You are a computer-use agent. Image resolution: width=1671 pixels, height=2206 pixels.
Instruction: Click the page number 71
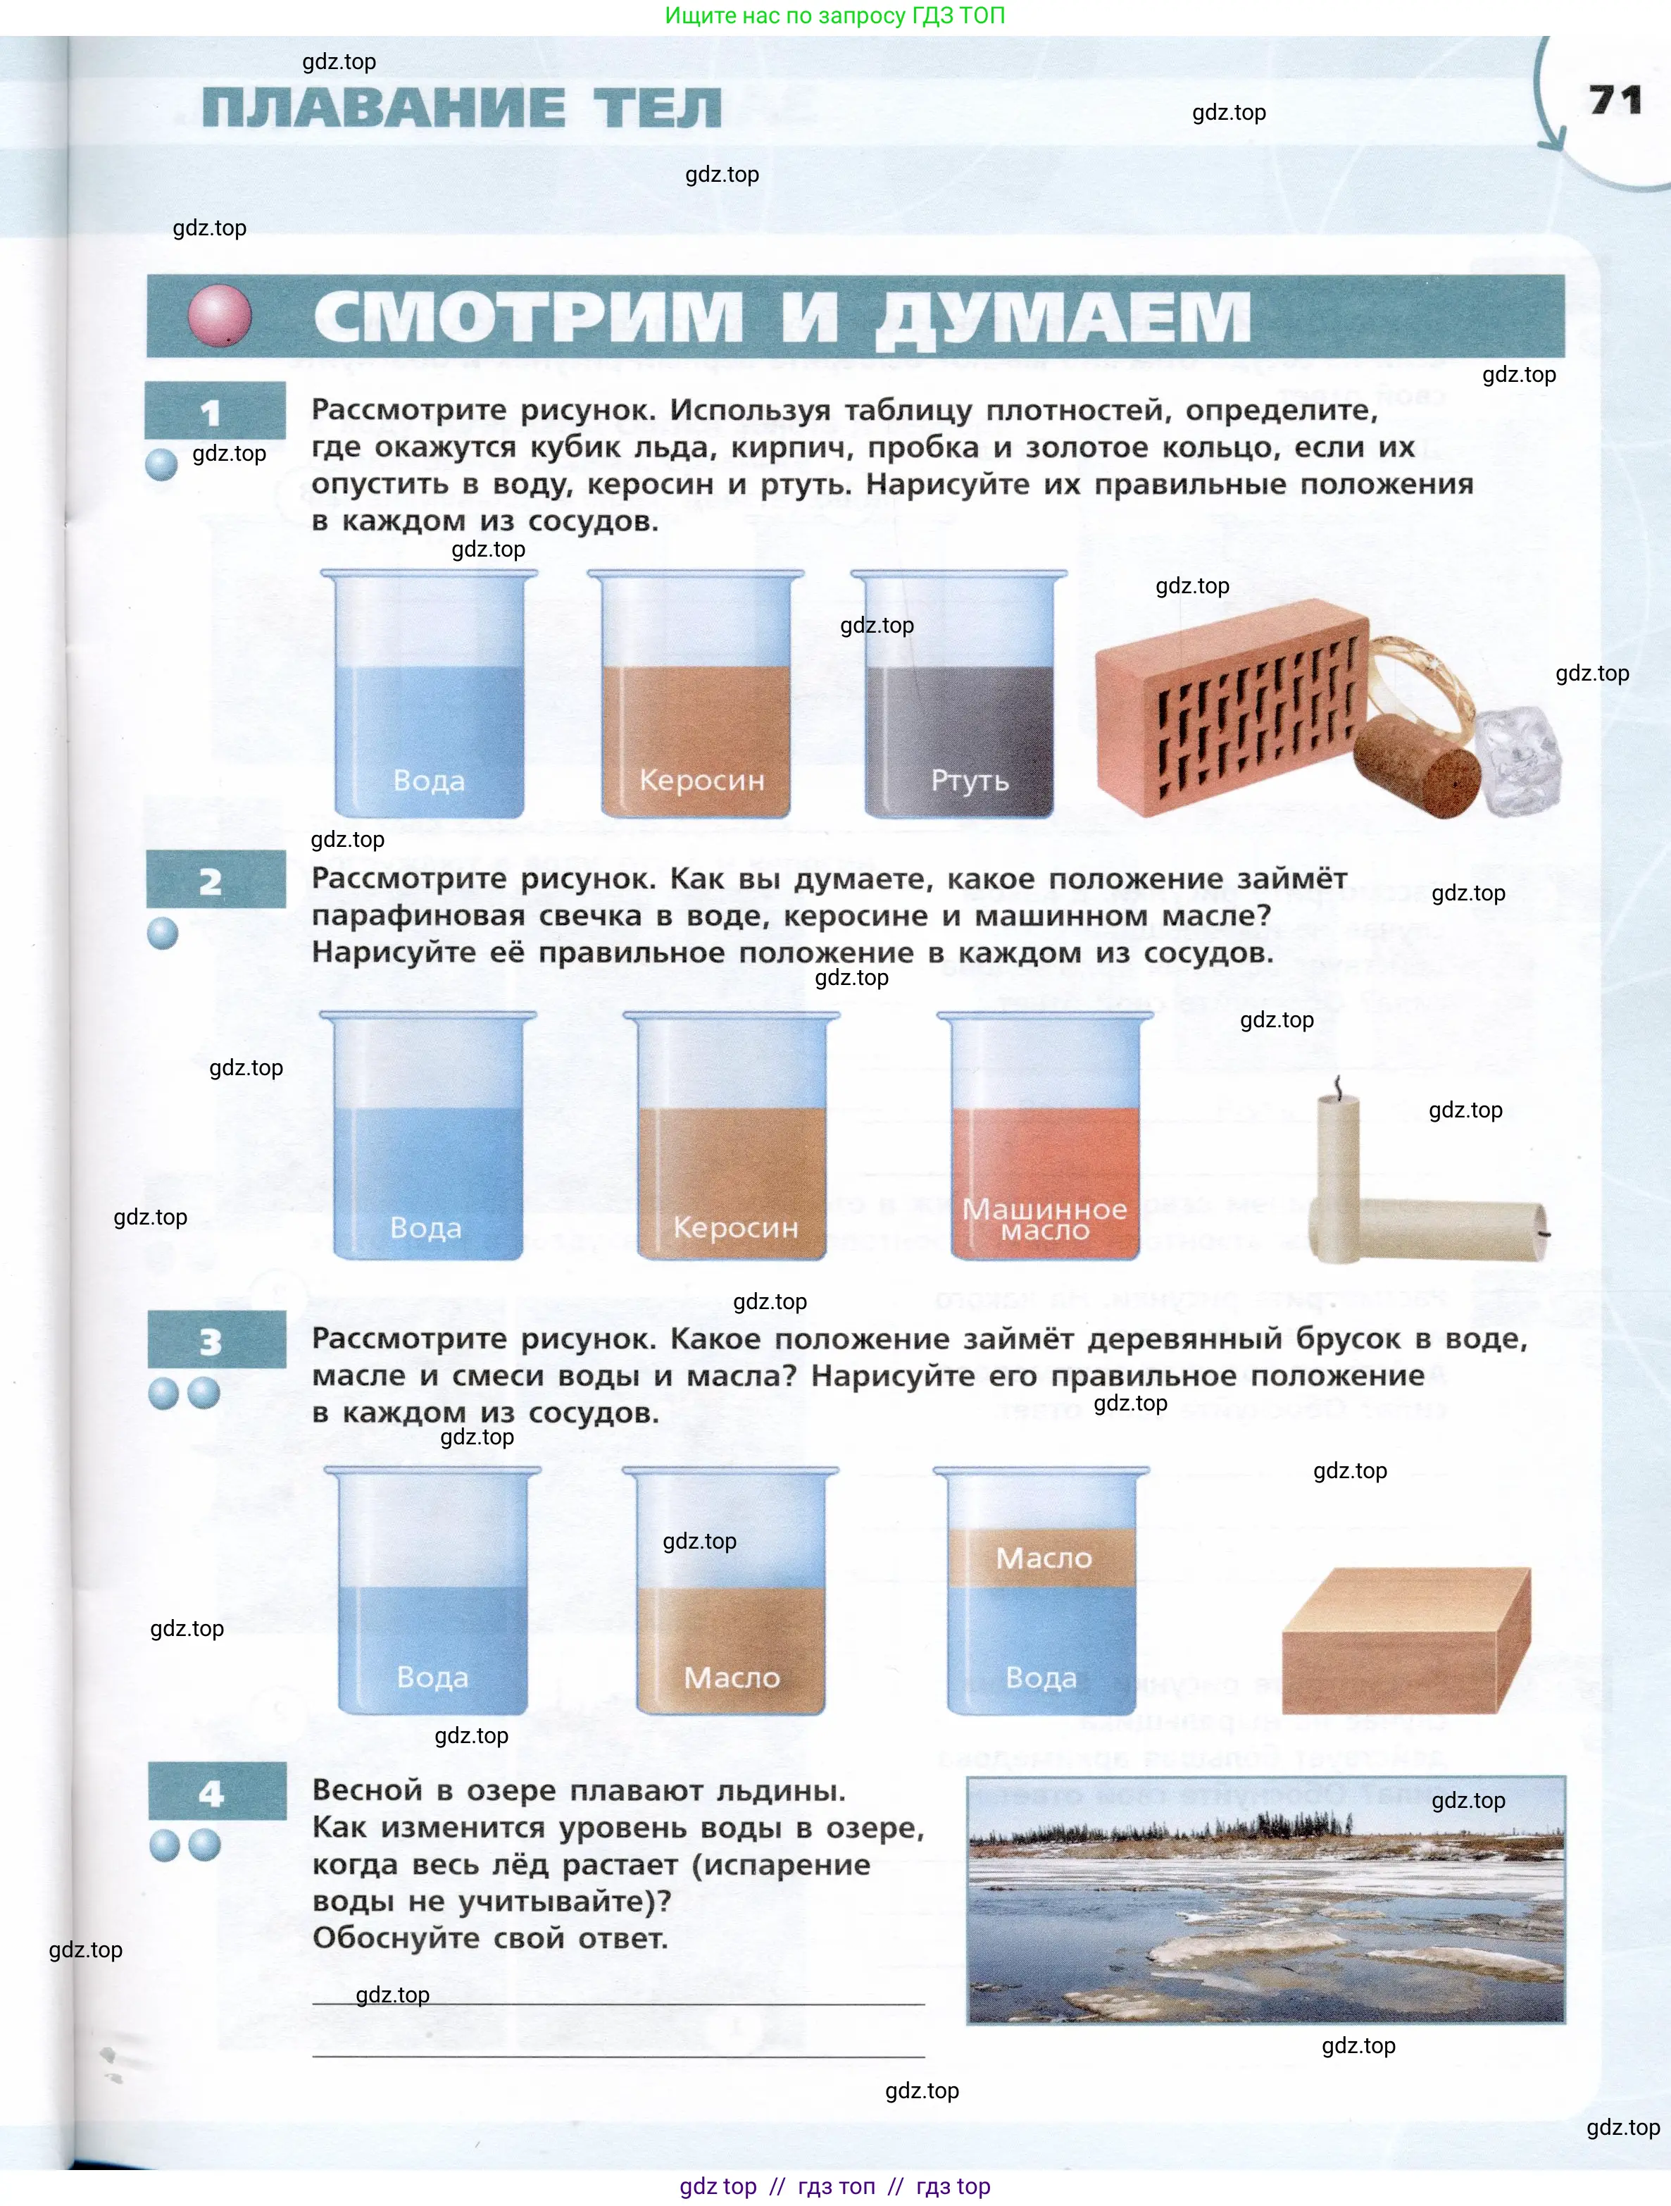[x=1615, y=100]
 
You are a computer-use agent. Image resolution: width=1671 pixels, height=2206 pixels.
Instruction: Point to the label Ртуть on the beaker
[x=969, y=780]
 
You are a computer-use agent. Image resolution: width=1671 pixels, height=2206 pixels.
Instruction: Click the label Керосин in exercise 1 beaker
[x=702, y=780]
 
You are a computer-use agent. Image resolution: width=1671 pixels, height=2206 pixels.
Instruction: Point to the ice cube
[x=1518, y=758]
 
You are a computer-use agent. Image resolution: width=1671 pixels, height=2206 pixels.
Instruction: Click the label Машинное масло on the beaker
[x=1044, y=1220]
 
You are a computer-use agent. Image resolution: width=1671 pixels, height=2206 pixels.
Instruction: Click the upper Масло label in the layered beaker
[x=1043, y=1558]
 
